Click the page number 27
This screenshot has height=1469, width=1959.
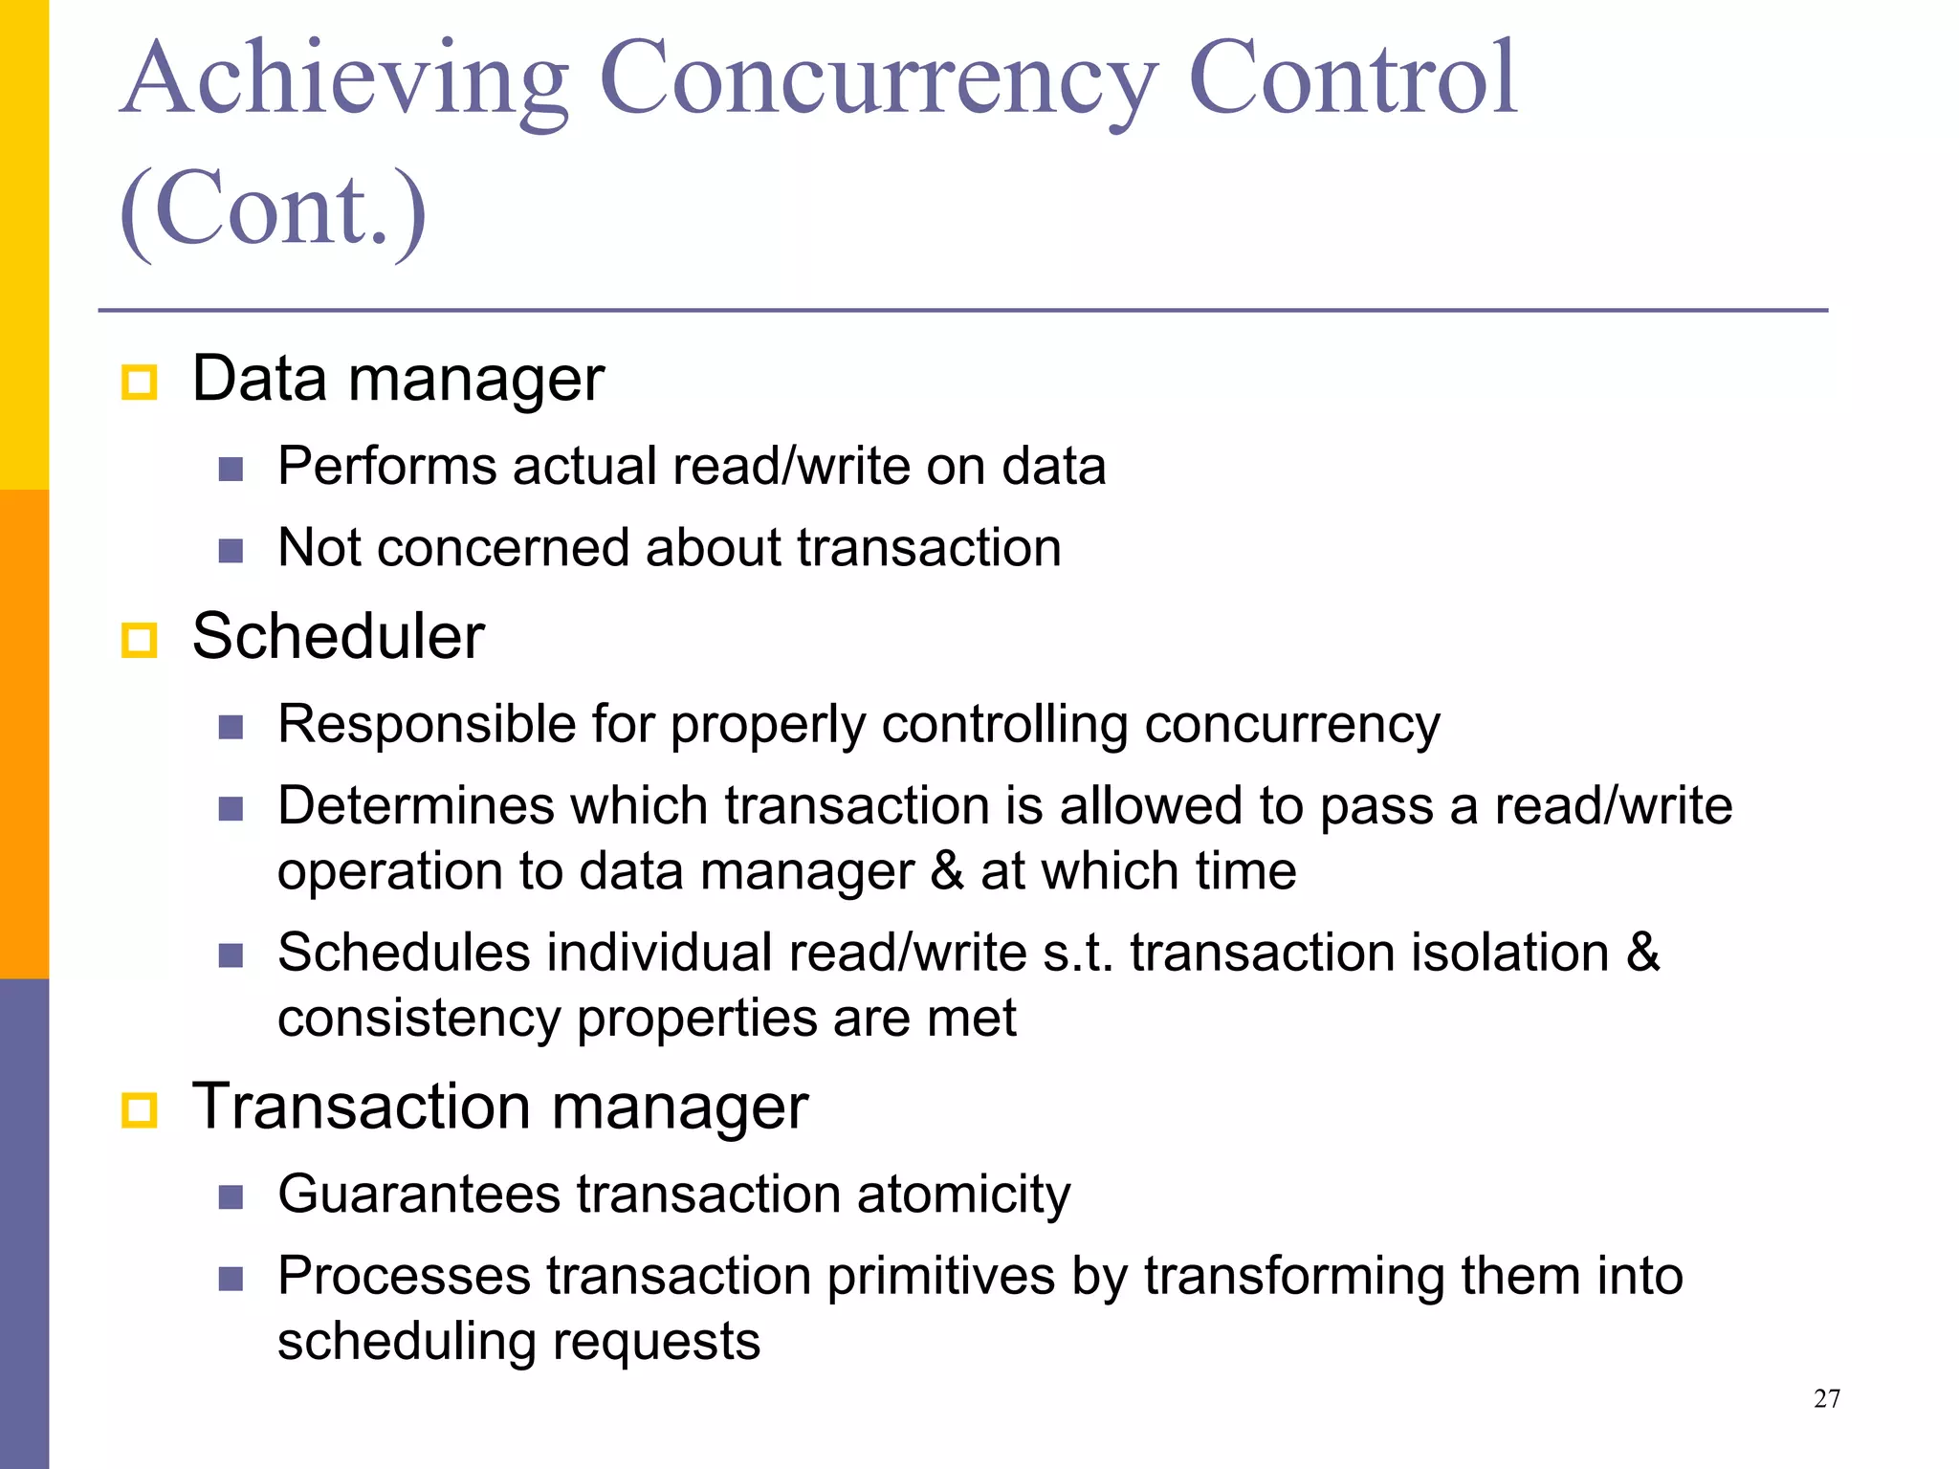1826,1398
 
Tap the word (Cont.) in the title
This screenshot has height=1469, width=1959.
274,208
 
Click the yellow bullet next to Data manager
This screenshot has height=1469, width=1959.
139,383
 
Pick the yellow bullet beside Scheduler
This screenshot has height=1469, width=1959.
139,640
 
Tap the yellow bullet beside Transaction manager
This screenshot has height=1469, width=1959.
139,1110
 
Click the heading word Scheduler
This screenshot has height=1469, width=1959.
338,636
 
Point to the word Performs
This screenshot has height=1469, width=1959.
386,466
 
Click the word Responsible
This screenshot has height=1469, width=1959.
427,723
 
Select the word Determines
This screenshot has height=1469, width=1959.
416,805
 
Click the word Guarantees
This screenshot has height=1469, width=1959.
419,1194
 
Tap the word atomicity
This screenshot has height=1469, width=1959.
963,1194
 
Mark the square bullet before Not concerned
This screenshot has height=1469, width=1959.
231,551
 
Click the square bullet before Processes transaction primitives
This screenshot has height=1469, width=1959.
231,1279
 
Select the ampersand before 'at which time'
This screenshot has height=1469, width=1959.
946,871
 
